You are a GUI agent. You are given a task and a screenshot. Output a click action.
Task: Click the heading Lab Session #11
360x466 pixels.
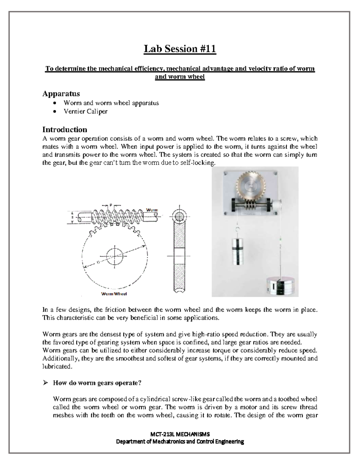pos(180,49)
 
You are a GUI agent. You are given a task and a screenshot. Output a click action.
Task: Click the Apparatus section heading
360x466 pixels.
pos(61,94)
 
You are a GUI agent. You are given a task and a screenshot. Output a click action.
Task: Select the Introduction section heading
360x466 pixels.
pos(64,130)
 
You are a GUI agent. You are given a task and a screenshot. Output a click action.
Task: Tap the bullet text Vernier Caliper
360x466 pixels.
pos(85,112)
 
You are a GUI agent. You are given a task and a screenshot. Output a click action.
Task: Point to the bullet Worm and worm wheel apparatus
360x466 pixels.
pos(111,103)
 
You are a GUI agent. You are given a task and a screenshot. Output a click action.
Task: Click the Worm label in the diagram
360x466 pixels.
pos(152,210)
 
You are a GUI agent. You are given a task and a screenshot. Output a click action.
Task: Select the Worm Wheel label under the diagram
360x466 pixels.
pos(114,294)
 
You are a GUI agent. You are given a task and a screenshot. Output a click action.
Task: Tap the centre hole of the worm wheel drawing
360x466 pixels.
pos(114,256)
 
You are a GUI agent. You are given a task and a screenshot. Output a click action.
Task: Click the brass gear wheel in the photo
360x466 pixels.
pos(249,186)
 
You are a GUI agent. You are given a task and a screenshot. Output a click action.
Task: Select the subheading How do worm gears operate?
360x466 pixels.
pos(97,383)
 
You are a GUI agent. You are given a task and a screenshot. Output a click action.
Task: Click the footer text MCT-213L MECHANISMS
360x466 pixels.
pos(180,434)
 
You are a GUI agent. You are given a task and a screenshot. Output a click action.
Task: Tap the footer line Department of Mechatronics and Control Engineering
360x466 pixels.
pos(180,442)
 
